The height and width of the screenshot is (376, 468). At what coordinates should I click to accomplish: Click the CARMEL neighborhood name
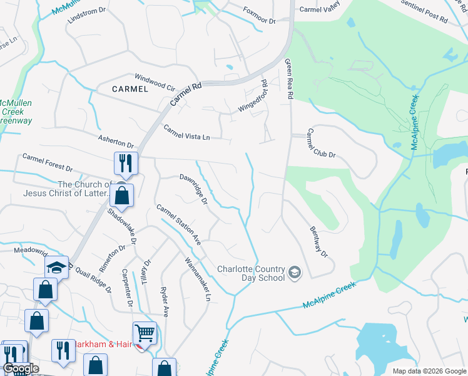(130, 89)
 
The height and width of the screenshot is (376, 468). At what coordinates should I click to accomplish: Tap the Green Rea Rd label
(290, 80)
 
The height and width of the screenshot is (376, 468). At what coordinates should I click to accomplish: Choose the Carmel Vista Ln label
(187, 132)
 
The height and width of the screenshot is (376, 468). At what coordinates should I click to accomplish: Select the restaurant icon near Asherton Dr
(124, 164)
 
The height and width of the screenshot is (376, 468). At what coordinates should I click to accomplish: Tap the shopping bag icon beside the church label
(123, 195)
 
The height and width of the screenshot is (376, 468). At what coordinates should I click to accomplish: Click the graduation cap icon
(56, 268)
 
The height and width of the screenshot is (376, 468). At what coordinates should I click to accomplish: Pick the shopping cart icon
(145, 333)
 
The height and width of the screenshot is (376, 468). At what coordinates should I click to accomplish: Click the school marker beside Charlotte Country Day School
(294, 274)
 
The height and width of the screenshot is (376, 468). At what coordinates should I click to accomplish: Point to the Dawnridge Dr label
(193, 188)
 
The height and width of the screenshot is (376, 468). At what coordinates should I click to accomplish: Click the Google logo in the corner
(21, 369)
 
